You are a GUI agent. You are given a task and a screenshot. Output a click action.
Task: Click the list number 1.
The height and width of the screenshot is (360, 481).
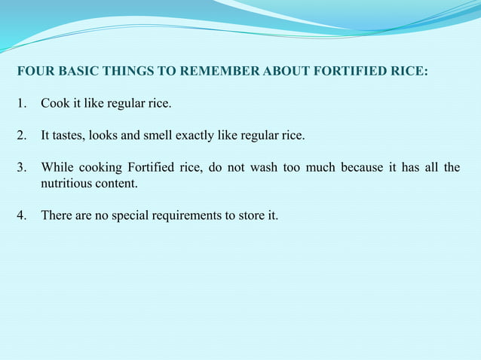pos(21,103)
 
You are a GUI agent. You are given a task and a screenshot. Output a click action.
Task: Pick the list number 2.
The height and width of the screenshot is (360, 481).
pos(21,136)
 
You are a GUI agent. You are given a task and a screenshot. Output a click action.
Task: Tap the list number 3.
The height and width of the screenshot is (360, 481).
pos(21,167)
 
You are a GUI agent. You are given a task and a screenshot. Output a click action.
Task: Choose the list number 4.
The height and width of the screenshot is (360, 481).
pos(21,216)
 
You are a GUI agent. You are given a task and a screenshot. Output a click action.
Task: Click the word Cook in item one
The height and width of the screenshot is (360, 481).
pos(54,103)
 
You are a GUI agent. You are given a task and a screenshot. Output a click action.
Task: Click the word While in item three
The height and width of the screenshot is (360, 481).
pos(57,167)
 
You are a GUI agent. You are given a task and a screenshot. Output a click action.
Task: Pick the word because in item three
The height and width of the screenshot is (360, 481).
pos(362,167)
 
